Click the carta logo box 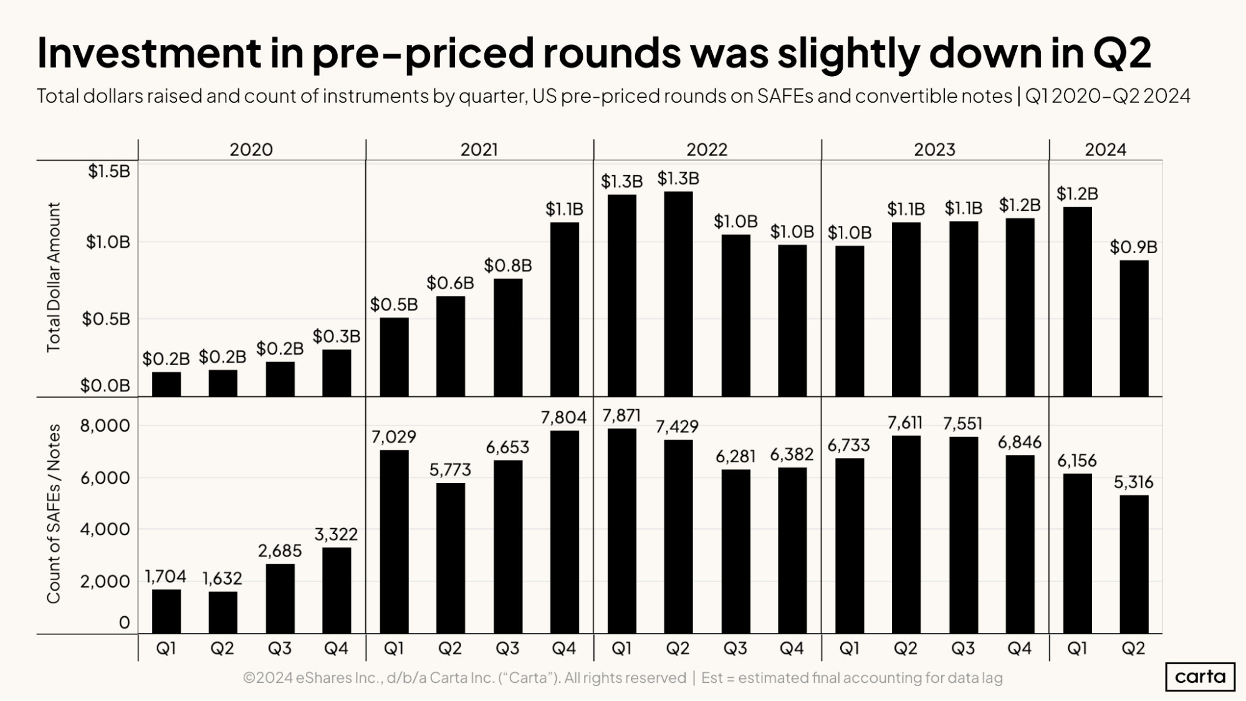click(x=1199, y=677)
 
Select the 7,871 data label click(x=621, y=416)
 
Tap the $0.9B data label click(x=1133, y=247)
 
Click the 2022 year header click(x=706, y=150)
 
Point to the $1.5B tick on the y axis click(x=108, y=171)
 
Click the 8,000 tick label click(x=105, y=426)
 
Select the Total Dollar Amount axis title click(x=54, y=277)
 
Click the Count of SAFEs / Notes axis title click(x=54, y=513)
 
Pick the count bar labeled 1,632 click(x=223, y=613)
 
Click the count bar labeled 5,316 click(x=1133, y=564)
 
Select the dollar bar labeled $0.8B click(x=507, y=337)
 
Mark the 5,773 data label click(x=450, y=470)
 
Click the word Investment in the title click(x=148, y=53)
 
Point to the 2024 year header click(x=1105, y=150)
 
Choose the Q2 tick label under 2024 click(x=1133, y=649)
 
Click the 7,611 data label click(x=905, y=423)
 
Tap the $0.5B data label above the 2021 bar click(x=393, y=305)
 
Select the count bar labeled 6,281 click(x=736, y=551)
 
